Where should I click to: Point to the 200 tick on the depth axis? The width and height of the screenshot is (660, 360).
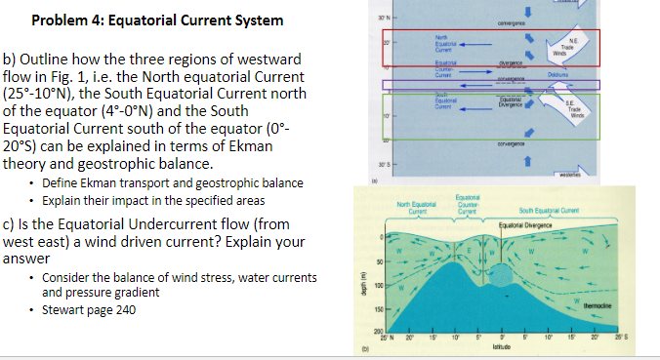pyautogui.click(x=368, y=334)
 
